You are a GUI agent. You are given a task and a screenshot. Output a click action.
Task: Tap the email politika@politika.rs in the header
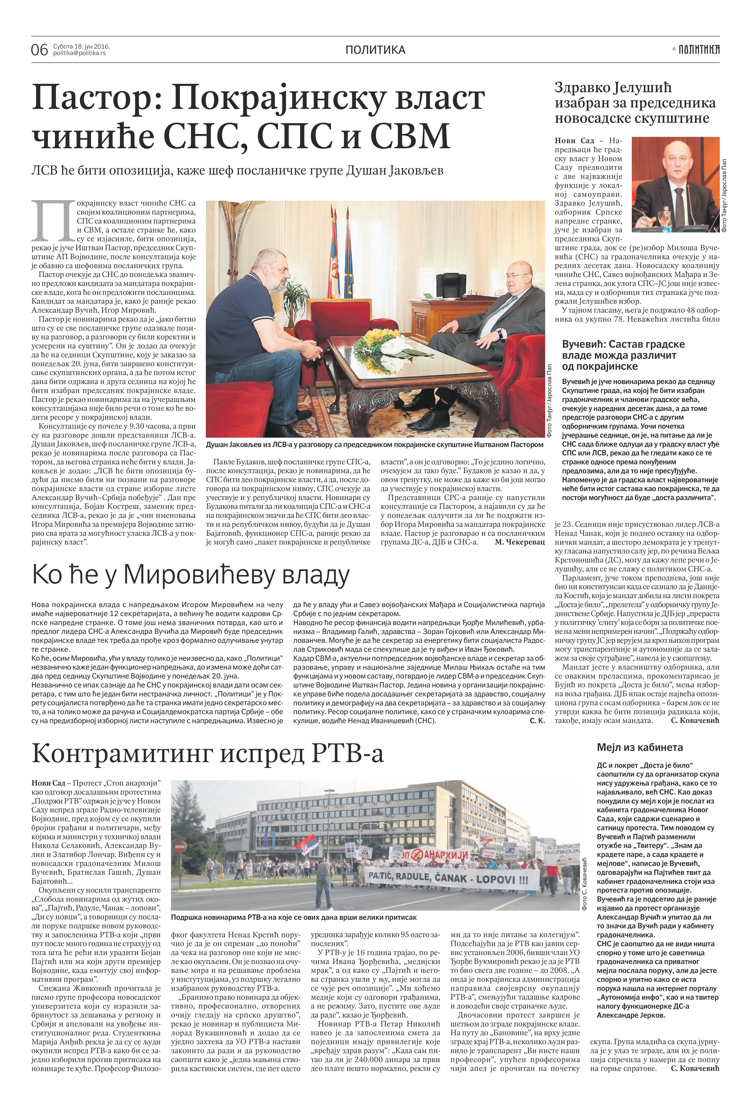point(79,53)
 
